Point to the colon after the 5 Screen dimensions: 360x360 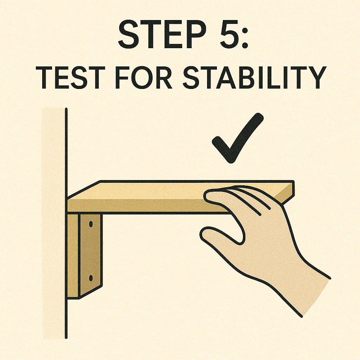point(245,37)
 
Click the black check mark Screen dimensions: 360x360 point(238,138)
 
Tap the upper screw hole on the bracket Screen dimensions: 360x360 point(91,224)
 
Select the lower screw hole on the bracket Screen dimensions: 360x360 point(91,278)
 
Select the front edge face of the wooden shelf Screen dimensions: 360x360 point(147,206)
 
